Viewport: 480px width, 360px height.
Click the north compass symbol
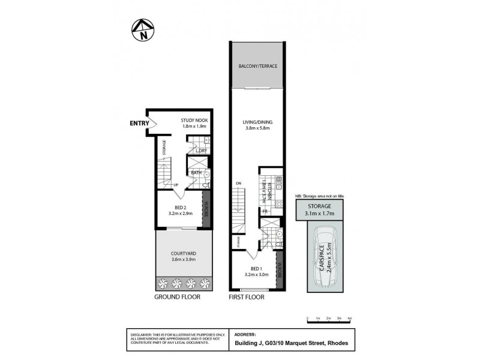pyautogui.click(x=143, y=31)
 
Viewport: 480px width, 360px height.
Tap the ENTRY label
pyautogui.click(x=140, y=124)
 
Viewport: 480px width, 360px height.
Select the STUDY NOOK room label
pyautogui.click(x=194, y=121)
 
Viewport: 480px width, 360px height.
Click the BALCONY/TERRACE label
pyautogui.click(x=257, y=65)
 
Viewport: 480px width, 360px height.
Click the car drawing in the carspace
pyautogui.click(x=325, y=253)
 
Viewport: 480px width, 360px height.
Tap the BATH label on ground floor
pyautogui.click(x=196, y=173)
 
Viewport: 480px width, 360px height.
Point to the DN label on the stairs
pyautogui.click(x=238, y=184)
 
